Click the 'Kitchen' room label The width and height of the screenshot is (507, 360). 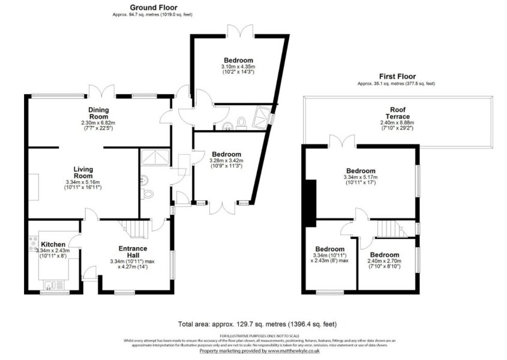click(x=53, y=245)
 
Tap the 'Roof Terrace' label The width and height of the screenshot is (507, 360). click(x=397, y=113)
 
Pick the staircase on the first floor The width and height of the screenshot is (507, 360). click(x=388, y=229)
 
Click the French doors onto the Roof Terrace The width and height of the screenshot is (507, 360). click(x=341, y=142)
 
